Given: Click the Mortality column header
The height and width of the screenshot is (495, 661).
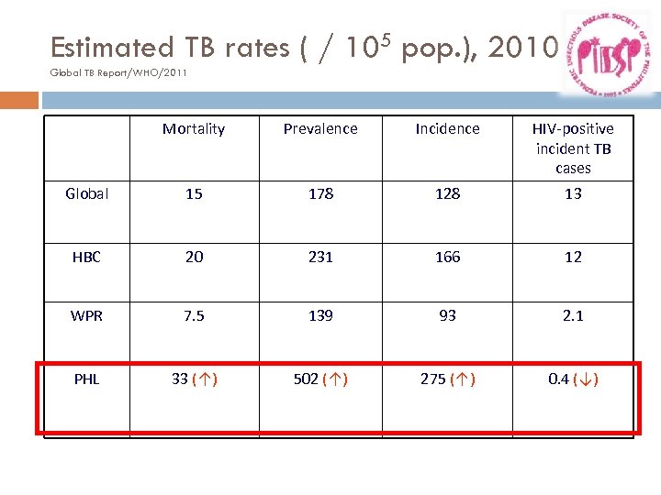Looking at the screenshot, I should (194, 129).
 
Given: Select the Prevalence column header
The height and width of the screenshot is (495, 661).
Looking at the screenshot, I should (320, 129).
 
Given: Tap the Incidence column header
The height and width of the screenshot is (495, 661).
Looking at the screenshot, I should (447, 129).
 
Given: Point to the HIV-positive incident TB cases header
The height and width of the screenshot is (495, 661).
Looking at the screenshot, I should (573, 148).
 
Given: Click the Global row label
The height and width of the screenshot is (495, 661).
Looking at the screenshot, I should (87, 194).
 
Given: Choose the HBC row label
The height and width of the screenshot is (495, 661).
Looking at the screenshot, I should (86, 258).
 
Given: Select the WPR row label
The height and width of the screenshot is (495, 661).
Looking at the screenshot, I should (87, 316).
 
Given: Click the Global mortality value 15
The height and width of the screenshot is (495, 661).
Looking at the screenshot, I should (194, 194).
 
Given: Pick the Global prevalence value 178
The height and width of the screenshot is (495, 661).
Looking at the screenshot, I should (320, 194).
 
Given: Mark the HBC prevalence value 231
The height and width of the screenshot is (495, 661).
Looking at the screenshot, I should (320, 258).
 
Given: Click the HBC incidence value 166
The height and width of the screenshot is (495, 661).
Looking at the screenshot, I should (447, 258).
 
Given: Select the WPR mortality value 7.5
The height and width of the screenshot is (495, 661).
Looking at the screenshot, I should (194, 316).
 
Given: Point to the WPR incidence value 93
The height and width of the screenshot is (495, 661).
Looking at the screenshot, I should (447, 316).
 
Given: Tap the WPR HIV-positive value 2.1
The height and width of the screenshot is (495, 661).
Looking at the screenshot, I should (573, 316).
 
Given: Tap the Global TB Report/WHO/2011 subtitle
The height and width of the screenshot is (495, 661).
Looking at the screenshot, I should (118, 72).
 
